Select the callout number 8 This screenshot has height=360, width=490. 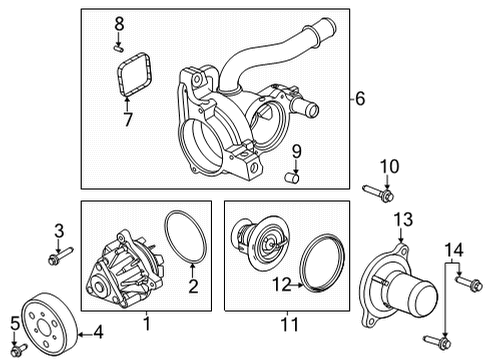pos(119,22)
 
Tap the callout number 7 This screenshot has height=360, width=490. pos(128,120)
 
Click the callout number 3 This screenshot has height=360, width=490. pos(58,230)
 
